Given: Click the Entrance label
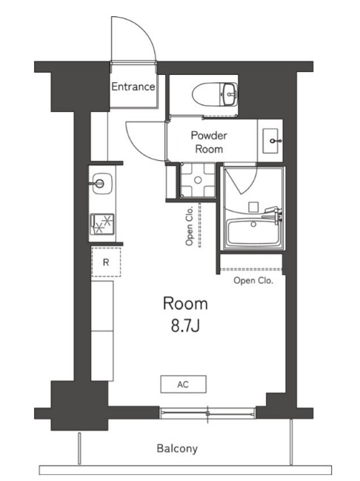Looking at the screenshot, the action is [x=133, y=87].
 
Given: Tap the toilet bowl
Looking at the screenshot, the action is [x=205, y=95].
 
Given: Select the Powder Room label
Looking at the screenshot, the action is [x=209, y=142].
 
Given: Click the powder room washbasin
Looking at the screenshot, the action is [x=271, y=141].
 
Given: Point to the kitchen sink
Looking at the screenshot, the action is [x=101, y=184].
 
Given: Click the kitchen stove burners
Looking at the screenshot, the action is [x=102, y=224].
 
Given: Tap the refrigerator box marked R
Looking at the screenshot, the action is [x=106, y=262].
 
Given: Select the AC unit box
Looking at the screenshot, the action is [x=184, y=384].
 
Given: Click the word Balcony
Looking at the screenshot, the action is [x=177, y=448].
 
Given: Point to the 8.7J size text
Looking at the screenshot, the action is [x=185, y=326].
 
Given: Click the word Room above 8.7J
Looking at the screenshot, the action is [x=185, y=303].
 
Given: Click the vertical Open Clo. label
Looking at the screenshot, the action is [x=189, y=226].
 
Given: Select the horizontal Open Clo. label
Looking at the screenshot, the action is [x=253, y=280].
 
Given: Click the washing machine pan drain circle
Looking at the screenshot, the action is [x=198, y=180].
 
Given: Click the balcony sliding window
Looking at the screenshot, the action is [x=207, y=414].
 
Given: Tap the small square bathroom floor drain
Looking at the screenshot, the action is [x=253, y=207].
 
